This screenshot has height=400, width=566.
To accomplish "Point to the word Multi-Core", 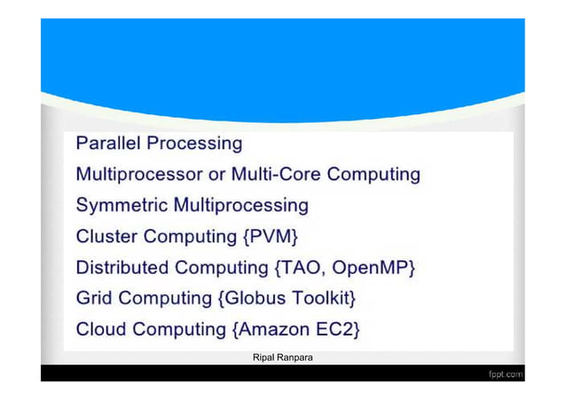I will [x=279, y=174].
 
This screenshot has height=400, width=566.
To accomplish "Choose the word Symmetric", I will [x=121, y=206].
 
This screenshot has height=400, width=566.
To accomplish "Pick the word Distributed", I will [x=122, y=268].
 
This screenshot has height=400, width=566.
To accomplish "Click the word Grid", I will [x=93, y=299].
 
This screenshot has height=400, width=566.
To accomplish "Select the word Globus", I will [x=255, y=299].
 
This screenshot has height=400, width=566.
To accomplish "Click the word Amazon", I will [x=274, y=330].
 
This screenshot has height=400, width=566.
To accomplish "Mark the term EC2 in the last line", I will [x=338, y=330].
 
